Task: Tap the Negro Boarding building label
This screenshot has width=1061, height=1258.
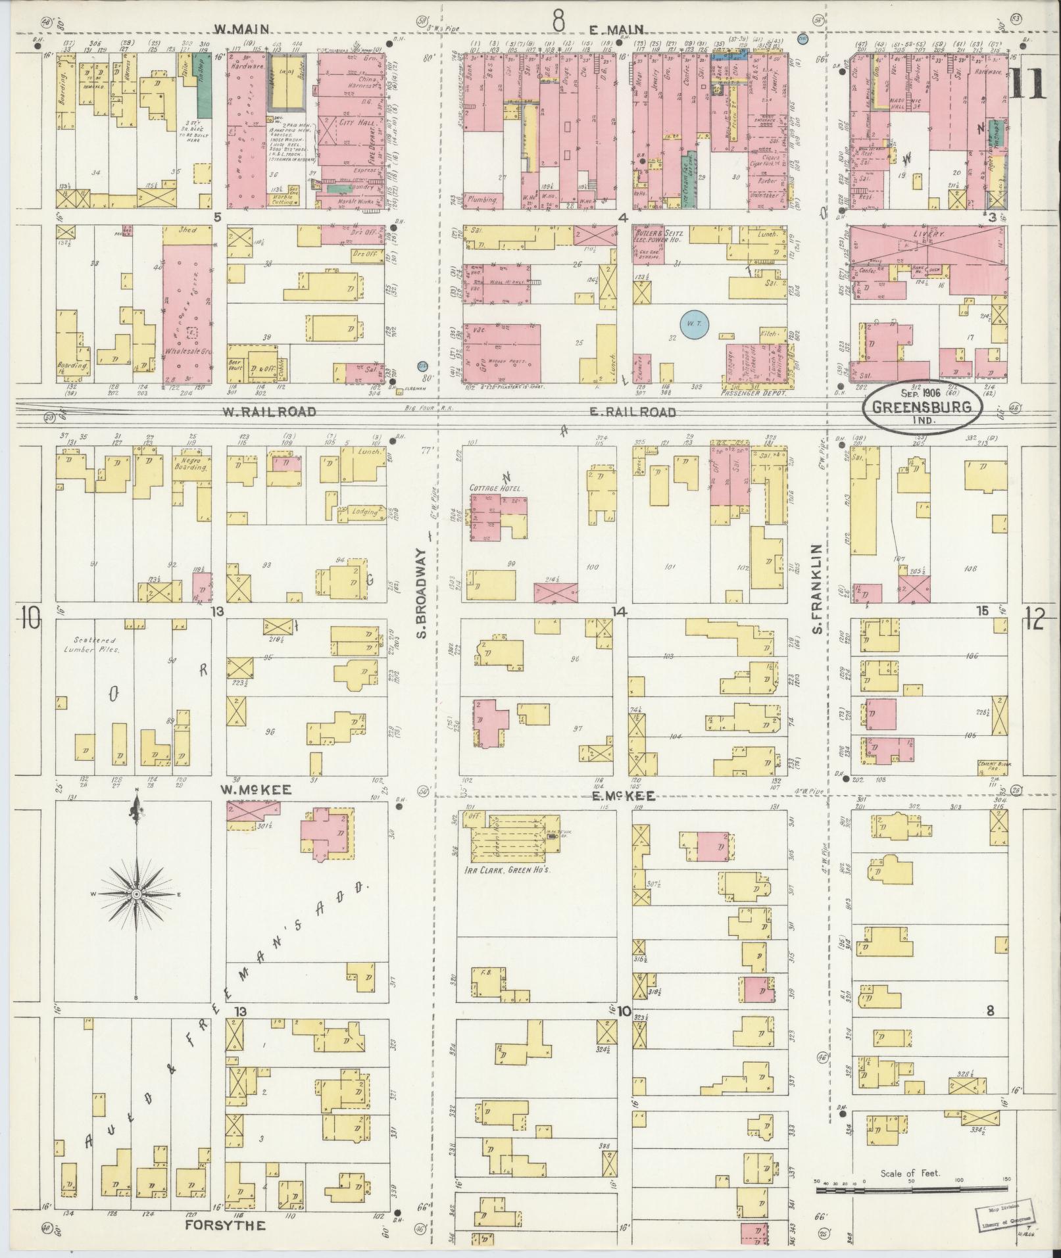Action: [190, 464]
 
